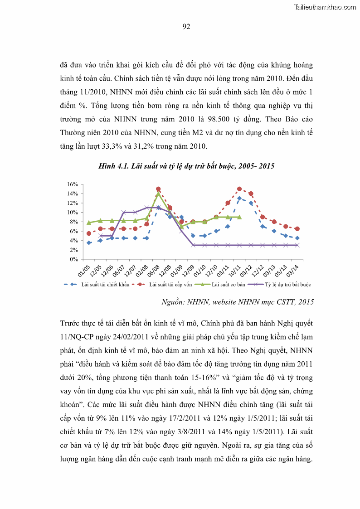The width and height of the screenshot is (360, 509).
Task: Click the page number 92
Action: coord(186,27)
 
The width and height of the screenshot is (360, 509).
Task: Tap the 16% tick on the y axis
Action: coord(73,184)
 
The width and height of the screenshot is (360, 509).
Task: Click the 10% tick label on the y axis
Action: coord(73,213)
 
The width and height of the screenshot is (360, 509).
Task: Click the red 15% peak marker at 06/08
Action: coord(158,189)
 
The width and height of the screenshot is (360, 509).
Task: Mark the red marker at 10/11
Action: coord(239,189)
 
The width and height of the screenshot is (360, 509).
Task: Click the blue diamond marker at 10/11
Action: coord(239,199)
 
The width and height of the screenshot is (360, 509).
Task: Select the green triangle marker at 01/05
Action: coord(89,223)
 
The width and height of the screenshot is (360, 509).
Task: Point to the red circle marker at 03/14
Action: coord(297,229)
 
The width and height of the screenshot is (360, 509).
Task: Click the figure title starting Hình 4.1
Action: coord(186,166)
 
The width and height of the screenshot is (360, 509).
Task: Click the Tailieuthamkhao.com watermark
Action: coord(325,7)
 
